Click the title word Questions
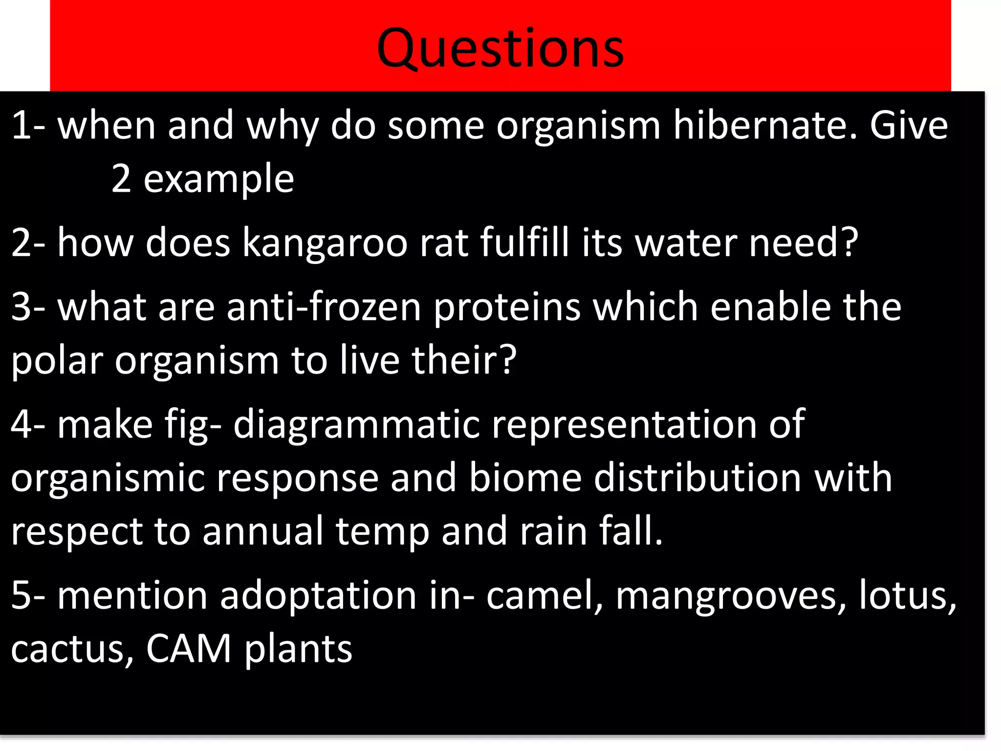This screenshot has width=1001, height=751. tap(500, 49)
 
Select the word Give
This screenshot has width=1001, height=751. tap(909, 126)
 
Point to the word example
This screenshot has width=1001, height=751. tap(218, 179)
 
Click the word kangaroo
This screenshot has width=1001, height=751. tap(325, 243)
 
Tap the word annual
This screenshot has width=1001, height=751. tap(262, 531)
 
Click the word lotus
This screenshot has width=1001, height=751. tap(907, 596)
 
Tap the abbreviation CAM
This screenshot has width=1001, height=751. tap(189, 649)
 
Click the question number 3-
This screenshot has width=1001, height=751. tap(28, 307)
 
